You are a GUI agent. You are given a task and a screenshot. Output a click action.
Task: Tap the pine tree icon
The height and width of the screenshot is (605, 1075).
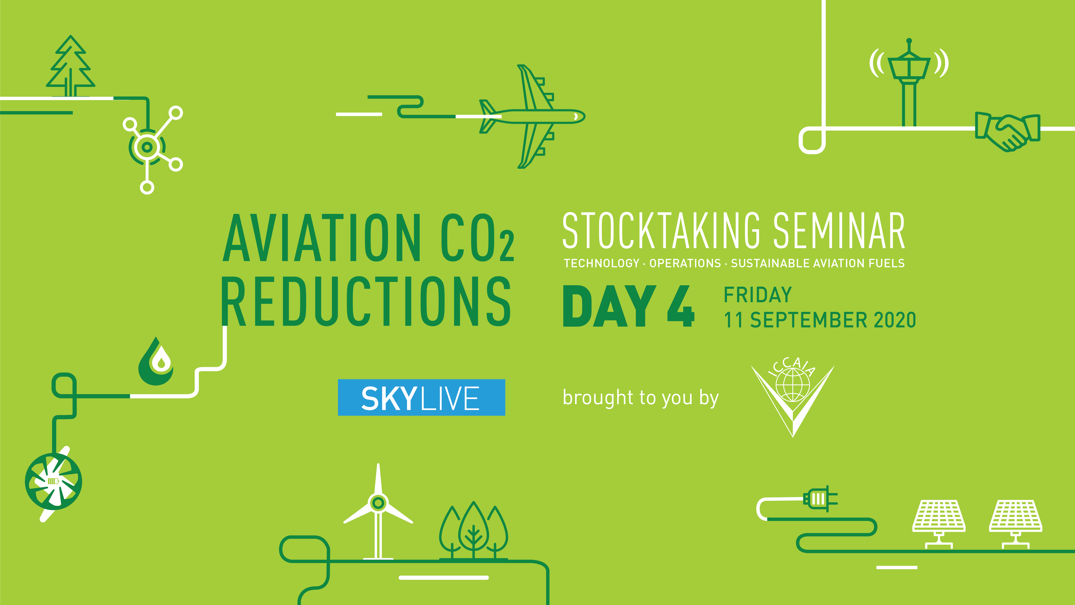pos(71,67)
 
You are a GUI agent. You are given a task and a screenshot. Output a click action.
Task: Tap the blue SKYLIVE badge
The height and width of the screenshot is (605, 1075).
pos(421,398)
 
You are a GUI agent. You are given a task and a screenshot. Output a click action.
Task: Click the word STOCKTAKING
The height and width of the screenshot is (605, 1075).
pos(661,231)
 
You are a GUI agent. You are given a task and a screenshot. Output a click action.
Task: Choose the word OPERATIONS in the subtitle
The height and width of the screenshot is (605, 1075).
pos(685,263)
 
